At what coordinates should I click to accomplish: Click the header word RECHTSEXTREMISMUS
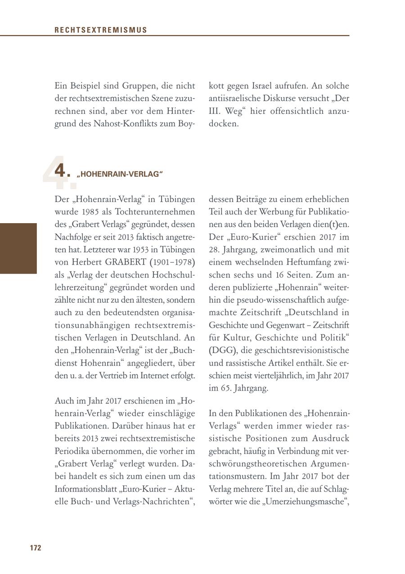[x=101, y=30]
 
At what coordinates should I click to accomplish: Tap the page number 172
[x=36, y=547]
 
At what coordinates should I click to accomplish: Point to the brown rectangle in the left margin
[x=18, y=248]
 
